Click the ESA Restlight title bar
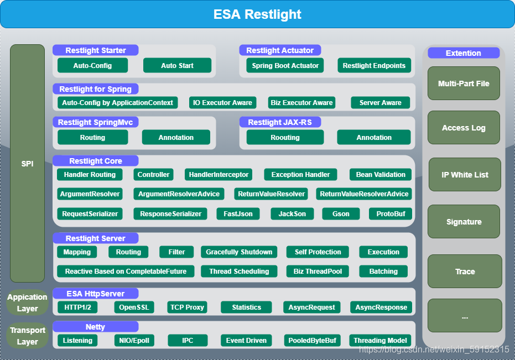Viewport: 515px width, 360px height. coord(257,14)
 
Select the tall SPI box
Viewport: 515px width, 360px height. coord(27,164)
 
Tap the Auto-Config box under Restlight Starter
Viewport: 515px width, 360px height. coord(92,65)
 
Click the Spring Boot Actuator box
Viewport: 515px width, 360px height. coord(285,65)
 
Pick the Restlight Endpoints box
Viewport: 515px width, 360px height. coord(374,65)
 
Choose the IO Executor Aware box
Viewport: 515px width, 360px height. coord(223,102)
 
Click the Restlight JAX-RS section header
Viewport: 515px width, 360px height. coord(280,122)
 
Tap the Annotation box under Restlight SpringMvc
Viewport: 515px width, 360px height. coord(176,137)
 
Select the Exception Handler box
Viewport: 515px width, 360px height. coord(300,174)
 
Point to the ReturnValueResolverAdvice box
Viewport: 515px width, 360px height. coord(364,194)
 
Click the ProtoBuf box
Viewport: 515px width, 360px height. coord(391,213)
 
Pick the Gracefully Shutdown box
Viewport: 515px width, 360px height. coord(239,252)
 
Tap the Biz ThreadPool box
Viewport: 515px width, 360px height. coord(318,271)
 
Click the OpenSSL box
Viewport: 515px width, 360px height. coord(134,307)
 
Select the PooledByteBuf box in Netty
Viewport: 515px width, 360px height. coord(312,340)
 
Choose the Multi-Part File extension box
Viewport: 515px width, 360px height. coord(464,84)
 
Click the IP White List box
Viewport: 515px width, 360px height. coord(465,175)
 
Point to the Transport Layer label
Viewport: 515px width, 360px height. coord(27,336)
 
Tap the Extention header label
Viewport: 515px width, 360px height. coord(463,53)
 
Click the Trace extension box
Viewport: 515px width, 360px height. coord(465,272)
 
